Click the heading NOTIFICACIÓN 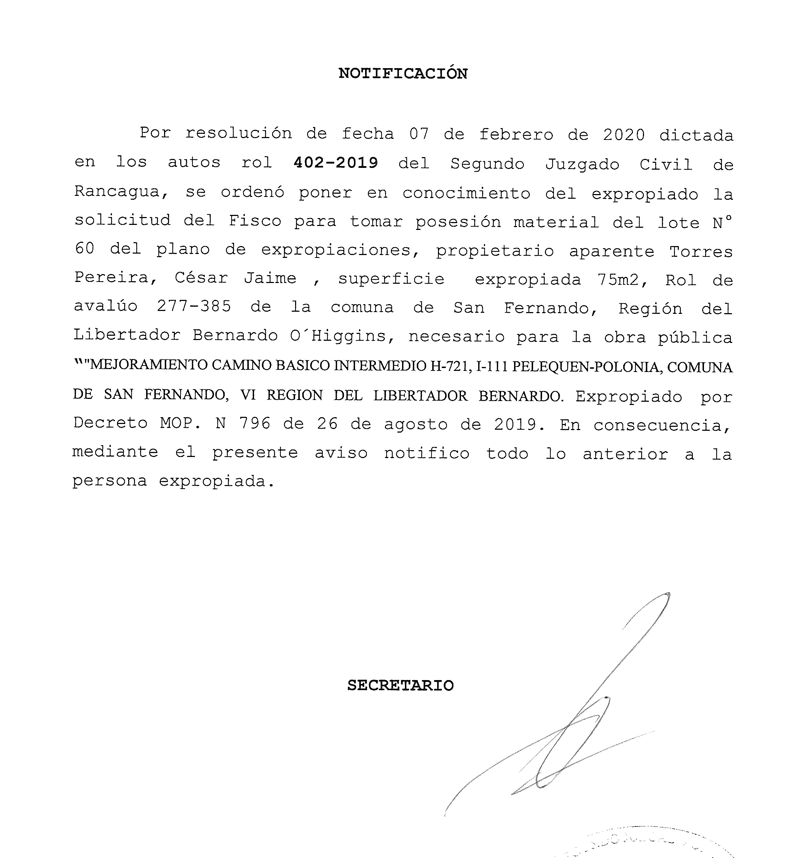point(403,74)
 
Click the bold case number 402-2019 point(336,163)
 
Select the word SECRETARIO point(401,685)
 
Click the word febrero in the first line point(516,135)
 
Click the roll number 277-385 point(194,306)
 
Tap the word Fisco point(255,221)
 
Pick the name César point(201,278)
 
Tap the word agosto point(416,424)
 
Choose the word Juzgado point(582,164)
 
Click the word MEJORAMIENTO point(149,365)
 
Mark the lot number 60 point(84,249)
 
